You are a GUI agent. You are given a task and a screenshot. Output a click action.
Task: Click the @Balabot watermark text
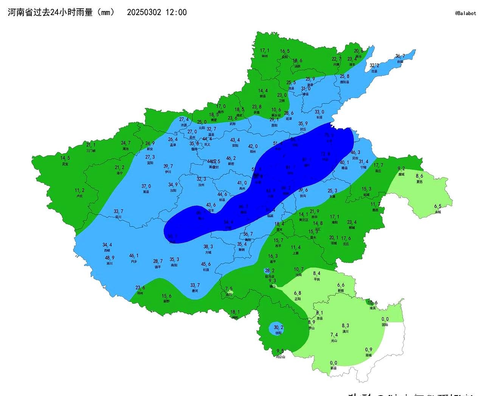(465, 13)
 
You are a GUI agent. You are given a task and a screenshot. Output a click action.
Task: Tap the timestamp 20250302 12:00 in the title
(157, 12)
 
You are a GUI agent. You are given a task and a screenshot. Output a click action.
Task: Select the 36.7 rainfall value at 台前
(400, 56)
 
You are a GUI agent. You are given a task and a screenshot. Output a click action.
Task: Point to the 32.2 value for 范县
(374, 65)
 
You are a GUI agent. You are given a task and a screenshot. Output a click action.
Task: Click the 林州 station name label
(265, 56)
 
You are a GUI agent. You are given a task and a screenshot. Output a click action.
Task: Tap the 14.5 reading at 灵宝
(65, 158)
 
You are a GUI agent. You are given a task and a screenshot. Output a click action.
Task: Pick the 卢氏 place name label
(79, 196)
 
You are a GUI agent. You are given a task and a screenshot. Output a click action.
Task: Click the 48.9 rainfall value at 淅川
(110, 258)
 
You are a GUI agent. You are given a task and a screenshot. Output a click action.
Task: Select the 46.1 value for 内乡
(134, 256)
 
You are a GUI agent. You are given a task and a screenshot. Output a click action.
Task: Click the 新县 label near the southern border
(334, 368)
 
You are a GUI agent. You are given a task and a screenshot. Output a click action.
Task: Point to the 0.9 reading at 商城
(369, 350)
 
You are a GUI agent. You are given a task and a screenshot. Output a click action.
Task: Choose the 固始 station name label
(385, 325)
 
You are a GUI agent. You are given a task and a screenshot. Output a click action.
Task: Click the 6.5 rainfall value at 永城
(437, 206)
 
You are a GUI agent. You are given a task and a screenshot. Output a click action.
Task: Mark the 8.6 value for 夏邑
(419, 176)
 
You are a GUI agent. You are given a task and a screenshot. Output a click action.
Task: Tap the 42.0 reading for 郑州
(253, 146)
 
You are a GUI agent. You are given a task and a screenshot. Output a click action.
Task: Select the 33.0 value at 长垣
(320, 112)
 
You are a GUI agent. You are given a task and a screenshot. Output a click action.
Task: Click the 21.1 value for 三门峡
(91, 145)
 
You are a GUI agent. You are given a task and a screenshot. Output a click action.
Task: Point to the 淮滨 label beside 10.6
(373, 308)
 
